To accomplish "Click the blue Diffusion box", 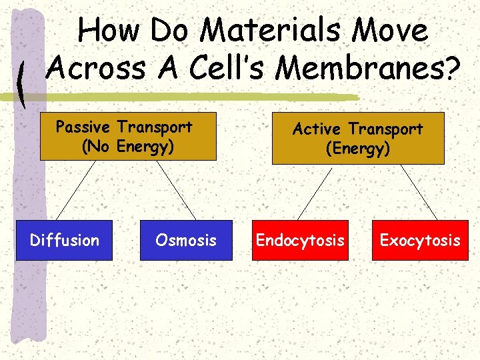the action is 65,240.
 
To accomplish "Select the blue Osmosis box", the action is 186,240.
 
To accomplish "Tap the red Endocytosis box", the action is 301,240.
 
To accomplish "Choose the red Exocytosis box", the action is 420,240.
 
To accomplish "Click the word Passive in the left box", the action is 84,127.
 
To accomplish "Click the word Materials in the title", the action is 273,31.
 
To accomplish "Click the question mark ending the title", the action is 453,67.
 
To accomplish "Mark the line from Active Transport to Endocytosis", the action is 315,192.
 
